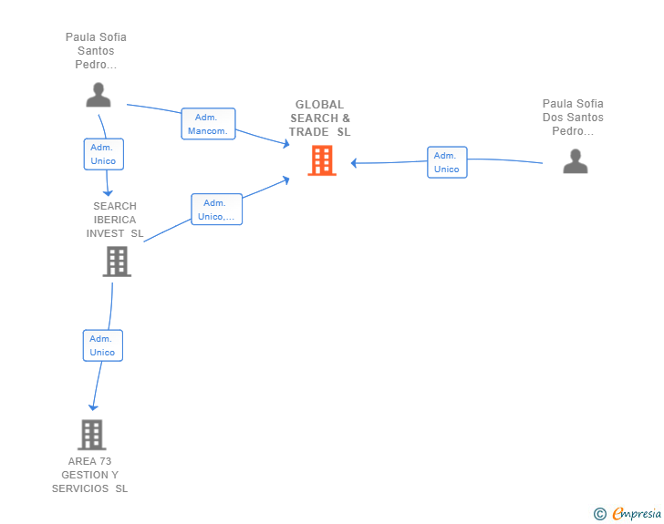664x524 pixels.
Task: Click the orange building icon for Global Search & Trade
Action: [321, 160]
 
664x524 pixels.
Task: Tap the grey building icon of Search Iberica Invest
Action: [117, 262]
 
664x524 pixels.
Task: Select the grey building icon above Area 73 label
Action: [91, 435]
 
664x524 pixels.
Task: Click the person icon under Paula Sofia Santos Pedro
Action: [98, 95]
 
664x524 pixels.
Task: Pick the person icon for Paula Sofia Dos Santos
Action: [575, 161]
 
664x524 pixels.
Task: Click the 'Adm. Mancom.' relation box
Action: [208, 124]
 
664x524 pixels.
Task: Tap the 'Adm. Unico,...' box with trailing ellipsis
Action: [216, 210]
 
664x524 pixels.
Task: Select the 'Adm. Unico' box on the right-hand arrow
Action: [446, 162]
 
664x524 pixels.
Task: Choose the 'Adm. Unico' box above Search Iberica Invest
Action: [103, 154]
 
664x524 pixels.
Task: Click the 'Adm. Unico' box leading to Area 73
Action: [102, 345]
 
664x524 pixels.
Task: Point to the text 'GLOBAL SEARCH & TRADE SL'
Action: [320, 118]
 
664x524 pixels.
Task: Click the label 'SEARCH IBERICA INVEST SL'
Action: [115, 220]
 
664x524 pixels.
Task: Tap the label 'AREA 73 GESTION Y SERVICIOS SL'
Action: [89, 475]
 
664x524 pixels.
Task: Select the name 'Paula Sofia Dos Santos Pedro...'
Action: [573, 118]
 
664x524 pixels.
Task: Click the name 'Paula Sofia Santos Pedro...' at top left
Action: [96, 51]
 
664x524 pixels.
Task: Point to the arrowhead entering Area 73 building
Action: [92, 407]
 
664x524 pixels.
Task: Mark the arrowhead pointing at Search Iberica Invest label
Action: [108, 192]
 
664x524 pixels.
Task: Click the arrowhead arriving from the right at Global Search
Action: [354, 163]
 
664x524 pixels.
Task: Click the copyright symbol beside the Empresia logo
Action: [599, 514]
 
